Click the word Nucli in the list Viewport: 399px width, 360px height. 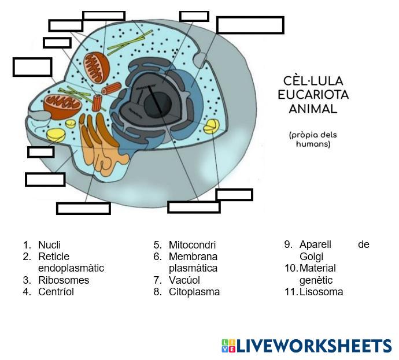[49, 245]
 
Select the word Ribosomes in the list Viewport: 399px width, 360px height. [64, 280]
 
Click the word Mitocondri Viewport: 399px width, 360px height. [192, 245]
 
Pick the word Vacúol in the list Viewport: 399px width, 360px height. [184, 280]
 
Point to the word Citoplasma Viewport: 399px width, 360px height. [194, 292]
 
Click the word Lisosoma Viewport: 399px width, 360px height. [321, 292]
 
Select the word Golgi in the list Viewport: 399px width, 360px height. [311, 257]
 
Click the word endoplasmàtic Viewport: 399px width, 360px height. [71, 268]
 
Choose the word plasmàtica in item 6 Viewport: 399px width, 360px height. [193, 268]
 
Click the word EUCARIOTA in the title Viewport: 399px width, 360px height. [313, 95]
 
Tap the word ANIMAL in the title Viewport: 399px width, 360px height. [313, 108]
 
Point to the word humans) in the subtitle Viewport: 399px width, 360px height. [313, 144]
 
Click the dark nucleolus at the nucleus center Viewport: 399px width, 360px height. [157, 104]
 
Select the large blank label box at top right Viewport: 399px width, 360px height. [250, 25]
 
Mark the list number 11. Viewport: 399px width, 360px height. [290, 292]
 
